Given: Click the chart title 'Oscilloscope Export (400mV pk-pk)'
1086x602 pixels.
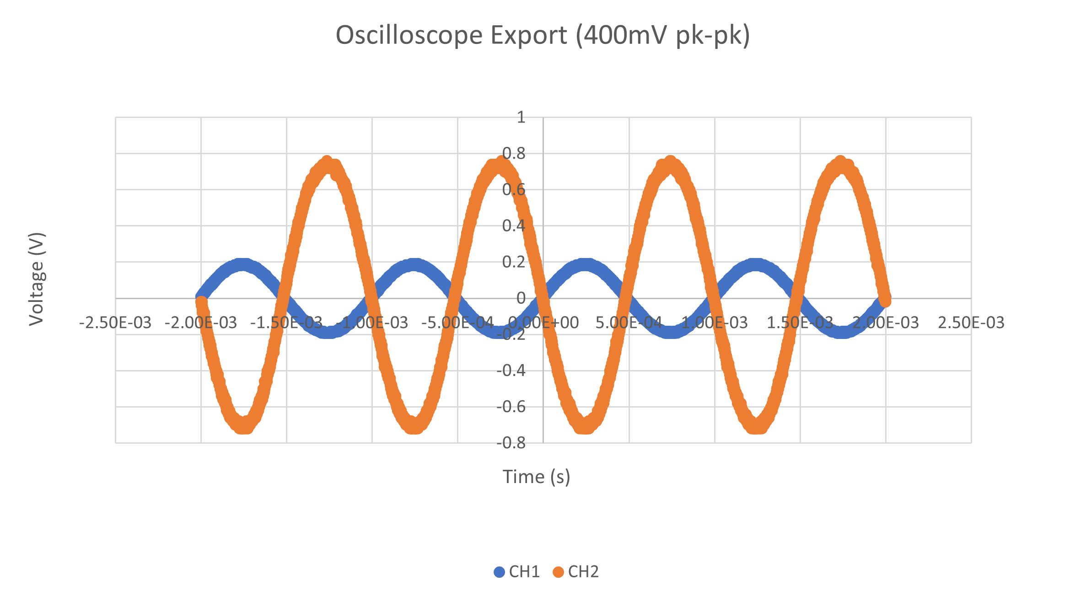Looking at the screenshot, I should (x=543, y=35).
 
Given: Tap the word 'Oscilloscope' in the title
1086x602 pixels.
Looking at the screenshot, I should (x=409, y=35).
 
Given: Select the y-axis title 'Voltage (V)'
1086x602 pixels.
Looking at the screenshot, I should (x=37, y=279).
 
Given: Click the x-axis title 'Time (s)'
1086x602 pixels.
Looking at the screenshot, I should (x=537, y=477).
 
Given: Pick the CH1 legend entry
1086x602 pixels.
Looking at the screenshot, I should (x=517, y=572).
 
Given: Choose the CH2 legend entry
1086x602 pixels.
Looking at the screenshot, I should (x=576, y=572).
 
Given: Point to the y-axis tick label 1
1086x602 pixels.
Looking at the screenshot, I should (x=521, y=118).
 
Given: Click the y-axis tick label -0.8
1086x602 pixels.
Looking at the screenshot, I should (x=511, y=443).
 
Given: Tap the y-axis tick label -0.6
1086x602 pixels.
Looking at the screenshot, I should (x=511, y=406).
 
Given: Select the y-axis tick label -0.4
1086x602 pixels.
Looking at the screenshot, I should (x=511, y=370).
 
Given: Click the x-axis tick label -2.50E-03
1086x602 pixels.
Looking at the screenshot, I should (x=115, y=323).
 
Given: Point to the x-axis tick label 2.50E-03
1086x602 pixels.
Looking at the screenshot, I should (x=971, y=323).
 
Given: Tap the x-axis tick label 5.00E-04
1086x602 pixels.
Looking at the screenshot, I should (x=629, y=323).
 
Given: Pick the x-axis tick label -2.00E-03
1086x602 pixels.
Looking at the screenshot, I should (x=201, y=323).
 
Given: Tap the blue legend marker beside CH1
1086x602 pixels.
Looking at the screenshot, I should (x=499, y=572).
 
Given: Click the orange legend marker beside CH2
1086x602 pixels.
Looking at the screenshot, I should (x=558, y=572).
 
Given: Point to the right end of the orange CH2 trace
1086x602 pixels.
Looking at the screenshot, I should (x=886, y=301).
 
